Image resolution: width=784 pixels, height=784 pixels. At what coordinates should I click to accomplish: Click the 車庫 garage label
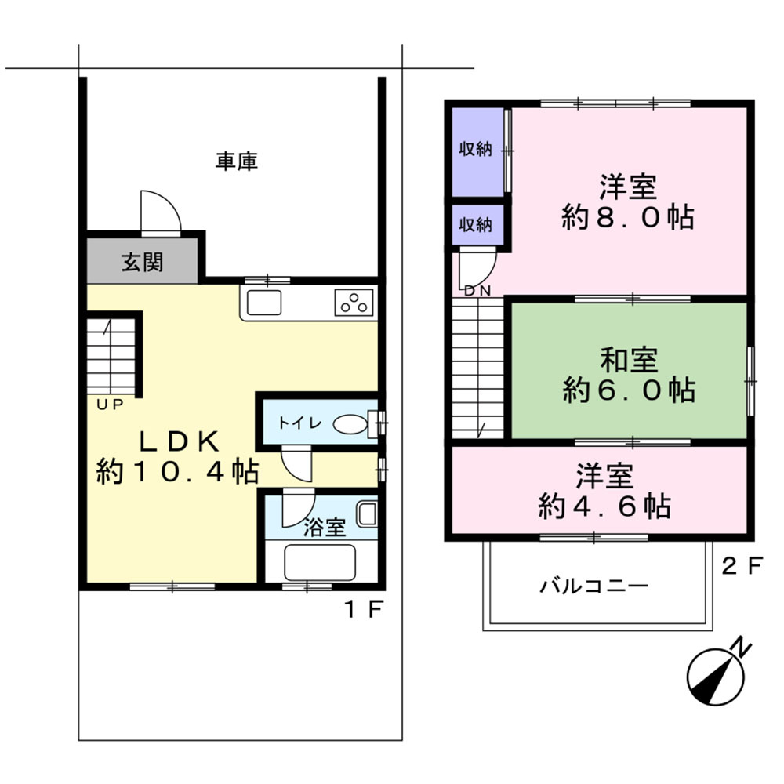(237, 162)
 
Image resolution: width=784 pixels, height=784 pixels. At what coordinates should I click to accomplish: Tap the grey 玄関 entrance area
(142, 262)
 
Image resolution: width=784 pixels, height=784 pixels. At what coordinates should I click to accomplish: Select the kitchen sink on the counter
(263, 303)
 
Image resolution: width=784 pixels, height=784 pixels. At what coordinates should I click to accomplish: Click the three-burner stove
(355, 302)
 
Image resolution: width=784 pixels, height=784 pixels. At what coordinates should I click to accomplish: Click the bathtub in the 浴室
(319, 561)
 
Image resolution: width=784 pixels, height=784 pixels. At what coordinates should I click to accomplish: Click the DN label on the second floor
(477, 291)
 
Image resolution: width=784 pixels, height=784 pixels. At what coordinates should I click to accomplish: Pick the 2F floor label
(741, 566)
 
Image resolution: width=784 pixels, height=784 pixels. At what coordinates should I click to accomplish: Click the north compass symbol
(716, 673)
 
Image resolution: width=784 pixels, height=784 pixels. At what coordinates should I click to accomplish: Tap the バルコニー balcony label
(593, 586)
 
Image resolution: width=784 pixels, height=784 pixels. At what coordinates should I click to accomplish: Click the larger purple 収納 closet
(476, 150)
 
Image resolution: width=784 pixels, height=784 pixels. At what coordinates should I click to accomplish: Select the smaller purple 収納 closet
(476, 224)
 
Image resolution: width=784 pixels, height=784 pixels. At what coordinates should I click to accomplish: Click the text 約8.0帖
(627, 217)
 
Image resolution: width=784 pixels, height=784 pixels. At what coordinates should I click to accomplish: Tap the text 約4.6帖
(604, 506)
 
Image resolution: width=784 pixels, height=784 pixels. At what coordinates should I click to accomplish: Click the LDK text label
(178, 441)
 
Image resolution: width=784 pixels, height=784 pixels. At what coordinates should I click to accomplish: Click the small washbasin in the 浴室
(367, 515)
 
